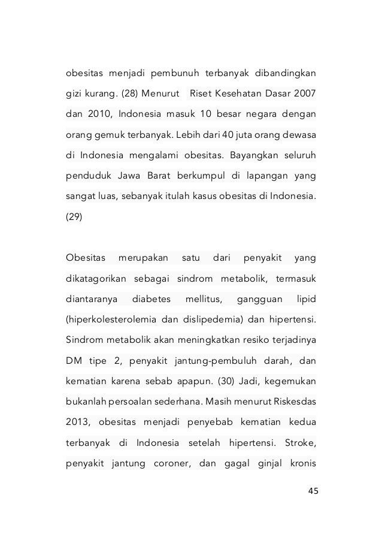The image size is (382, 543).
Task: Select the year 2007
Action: click(x=305, y=95)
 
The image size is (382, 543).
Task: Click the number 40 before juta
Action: click(x=210, y=135)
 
